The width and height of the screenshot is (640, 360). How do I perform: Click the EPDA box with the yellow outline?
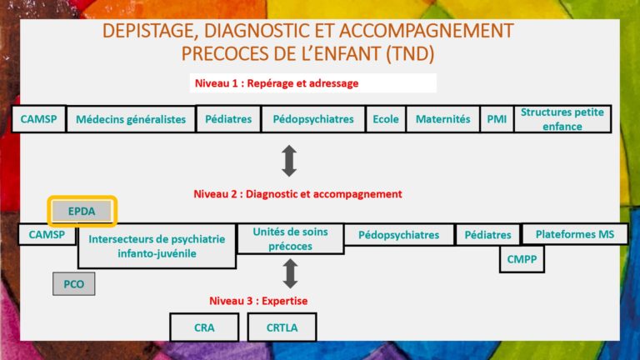[82, 211]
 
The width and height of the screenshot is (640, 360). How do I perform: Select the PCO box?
[74, 283]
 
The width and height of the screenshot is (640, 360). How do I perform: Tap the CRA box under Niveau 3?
[204, 327]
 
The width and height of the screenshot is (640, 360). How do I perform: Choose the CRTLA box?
[282, 327]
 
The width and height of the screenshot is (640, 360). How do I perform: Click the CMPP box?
[522, 259]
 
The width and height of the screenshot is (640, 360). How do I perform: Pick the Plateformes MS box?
[575, 234]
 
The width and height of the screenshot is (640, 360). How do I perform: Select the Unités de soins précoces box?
[290, 239]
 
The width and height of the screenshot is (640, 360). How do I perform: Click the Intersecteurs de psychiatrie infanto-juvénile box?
[157, 246]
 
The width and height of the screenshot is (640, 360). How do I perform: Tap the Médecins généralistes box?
[131, 119]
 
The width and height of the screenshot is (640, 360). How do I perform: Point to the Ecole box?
[386, 119]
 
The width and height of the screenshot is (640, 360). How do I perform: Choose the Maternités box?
[442, 119]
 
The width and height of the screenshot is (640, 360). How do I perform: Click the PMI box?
[497, 119]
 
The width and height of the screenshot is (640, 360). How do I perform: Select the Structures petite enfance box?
[562, 119]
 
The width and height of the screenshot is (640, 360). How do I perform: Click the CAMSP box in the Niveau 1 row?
[39, 119]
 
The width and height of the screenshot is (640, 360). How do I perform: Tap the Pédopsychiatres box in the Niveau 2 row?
[399, 235]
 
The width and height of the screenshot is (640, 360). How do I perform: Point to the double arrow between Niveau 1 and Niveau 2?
[289, 161]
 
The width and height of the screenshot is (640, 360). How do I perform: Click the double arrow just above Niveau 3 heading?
[290, 273]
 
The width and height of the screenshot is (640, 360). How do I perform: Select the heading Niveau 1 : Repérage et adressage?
[277, 83]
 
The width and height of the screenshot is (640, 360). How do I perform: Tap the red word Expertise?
[285, 301]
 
